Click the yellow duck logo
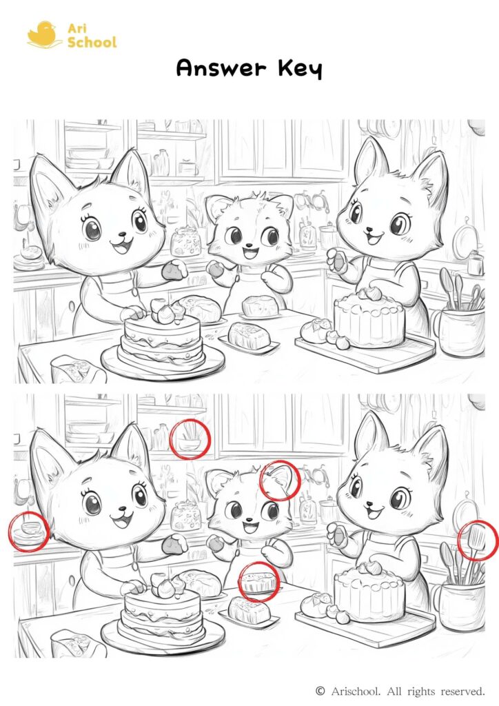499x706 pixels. pyautogui.click(x=41, y=34)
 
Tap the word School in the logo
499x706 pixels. pyautogui.click(x=92, y=43)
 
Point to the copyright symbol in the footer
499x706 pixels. pyautogui.click(x=320, y=690)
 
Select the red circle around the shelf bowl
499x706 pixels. pyautogui.click(x=189, y=439)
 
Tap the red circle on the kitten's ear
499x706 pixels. pyautogui.click(x=280, y=481)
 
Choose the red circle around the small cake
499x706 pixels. pyautogui.click(x=258, y=582)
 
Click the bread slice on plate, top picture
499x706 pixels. pyautogui.click(x=247, y=336)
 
